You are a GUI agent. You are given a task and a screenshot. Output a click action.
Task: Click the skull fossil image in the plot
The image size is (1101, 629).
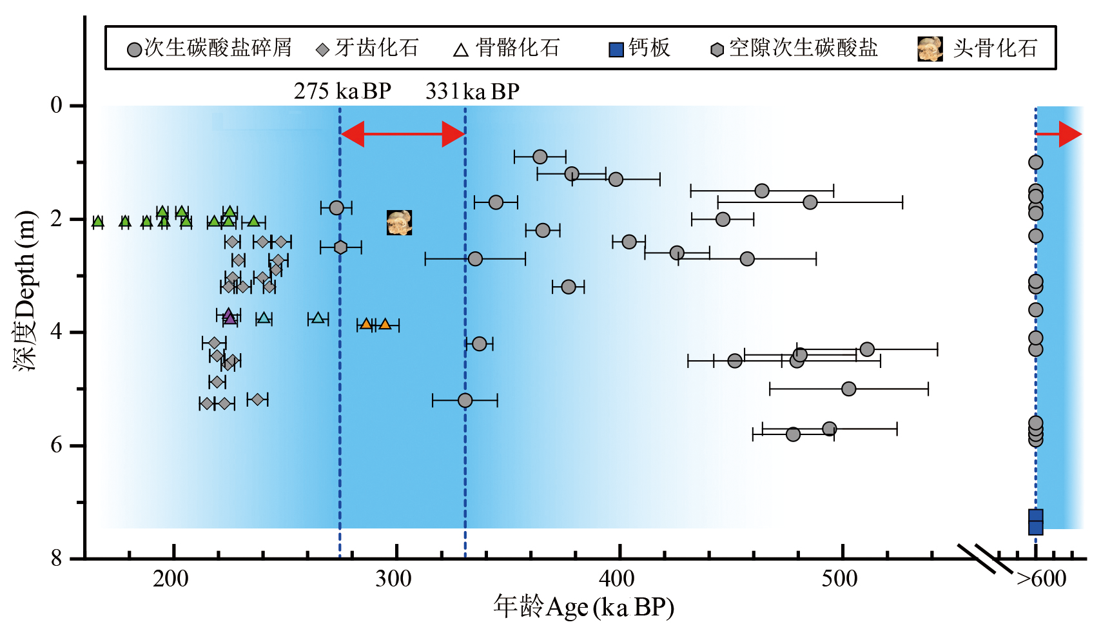(x=399, y=223)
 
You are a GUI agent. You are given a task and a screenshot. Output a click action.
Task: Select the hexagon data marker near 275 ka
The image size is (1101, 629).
(x=340, y=247)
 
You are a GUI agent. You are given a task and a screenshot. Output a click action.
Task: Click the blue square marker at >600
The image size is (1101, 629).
(x=1035, y=522)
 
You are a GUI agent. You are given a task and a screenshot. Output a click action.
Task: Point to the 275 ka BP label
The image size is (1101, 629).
(x=342, y=92)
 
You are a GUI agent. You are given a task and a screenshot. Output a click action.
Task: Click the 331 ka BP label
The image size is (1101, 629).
(x=472, y=92)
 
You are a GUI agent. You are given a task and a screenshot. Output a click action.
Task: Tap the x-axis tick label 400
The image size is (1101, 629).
(x=618, y=579)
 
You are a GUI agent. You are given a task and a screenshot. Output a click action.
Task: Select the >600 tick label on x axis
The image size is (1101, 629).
(x=1041, y=579)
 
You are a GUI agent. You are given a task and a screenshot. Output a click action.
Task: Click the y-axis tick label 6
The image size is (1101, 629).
(x=57, y=445)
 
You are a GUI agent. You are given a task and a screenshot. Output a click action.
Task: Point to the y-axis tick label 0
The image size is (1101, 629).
(x=57, y=105)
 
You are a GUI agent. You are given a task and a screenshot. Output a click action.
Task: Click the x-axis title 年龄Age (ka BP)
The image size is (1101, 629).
(x=583, y=607)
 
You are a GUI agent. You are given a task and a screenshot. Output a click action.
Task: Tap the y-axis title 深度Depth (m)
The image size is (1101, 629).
(x=26, y=290)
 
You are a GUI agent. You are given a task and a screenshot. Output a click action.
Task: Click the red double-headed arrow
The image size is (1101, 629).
(x=403, y=134)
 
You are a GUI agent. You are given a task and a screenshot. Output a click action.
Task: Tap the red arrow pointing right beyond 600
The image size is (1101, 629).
(x=1060, y=134)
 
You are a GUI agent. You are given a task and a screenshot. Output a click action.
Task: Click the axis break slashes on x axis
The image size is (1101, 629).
(x=984, y=558)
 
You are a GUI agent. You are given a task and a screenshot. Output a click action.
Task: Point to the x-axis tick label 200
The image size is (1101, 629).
(x=171, y=579)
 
